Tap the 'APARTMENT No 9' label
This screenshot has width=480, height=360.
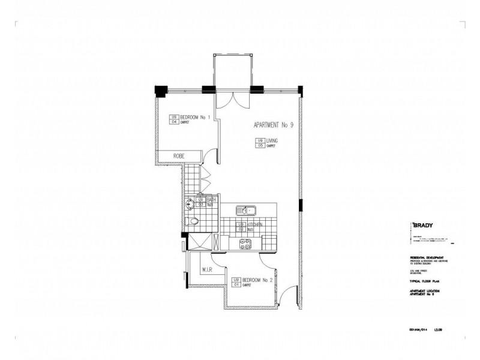point(273,125)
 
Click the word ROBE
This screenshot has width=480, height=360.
point(178,156)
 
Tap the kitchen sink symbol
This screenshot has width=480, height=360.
point(246,211)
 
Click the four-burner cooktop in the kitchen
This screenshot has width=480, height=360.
point(245,244)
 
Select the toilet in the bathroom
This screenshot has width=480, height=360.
point(193,223)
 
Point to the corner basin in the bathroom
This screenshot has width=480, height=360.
point(190,203)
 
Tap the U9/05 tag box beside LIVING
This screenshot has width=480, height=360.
point(260,143)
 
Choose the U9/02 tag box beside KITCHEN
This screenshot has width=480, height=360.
point(241,226)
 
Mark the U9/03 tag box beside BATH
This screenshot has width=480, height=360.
point(201,202)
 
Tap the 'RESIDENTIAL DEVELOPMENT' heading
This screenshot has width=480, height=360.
point(428,259)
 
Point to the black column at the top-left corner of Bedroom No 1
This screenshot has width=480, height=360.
point(160,90)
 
